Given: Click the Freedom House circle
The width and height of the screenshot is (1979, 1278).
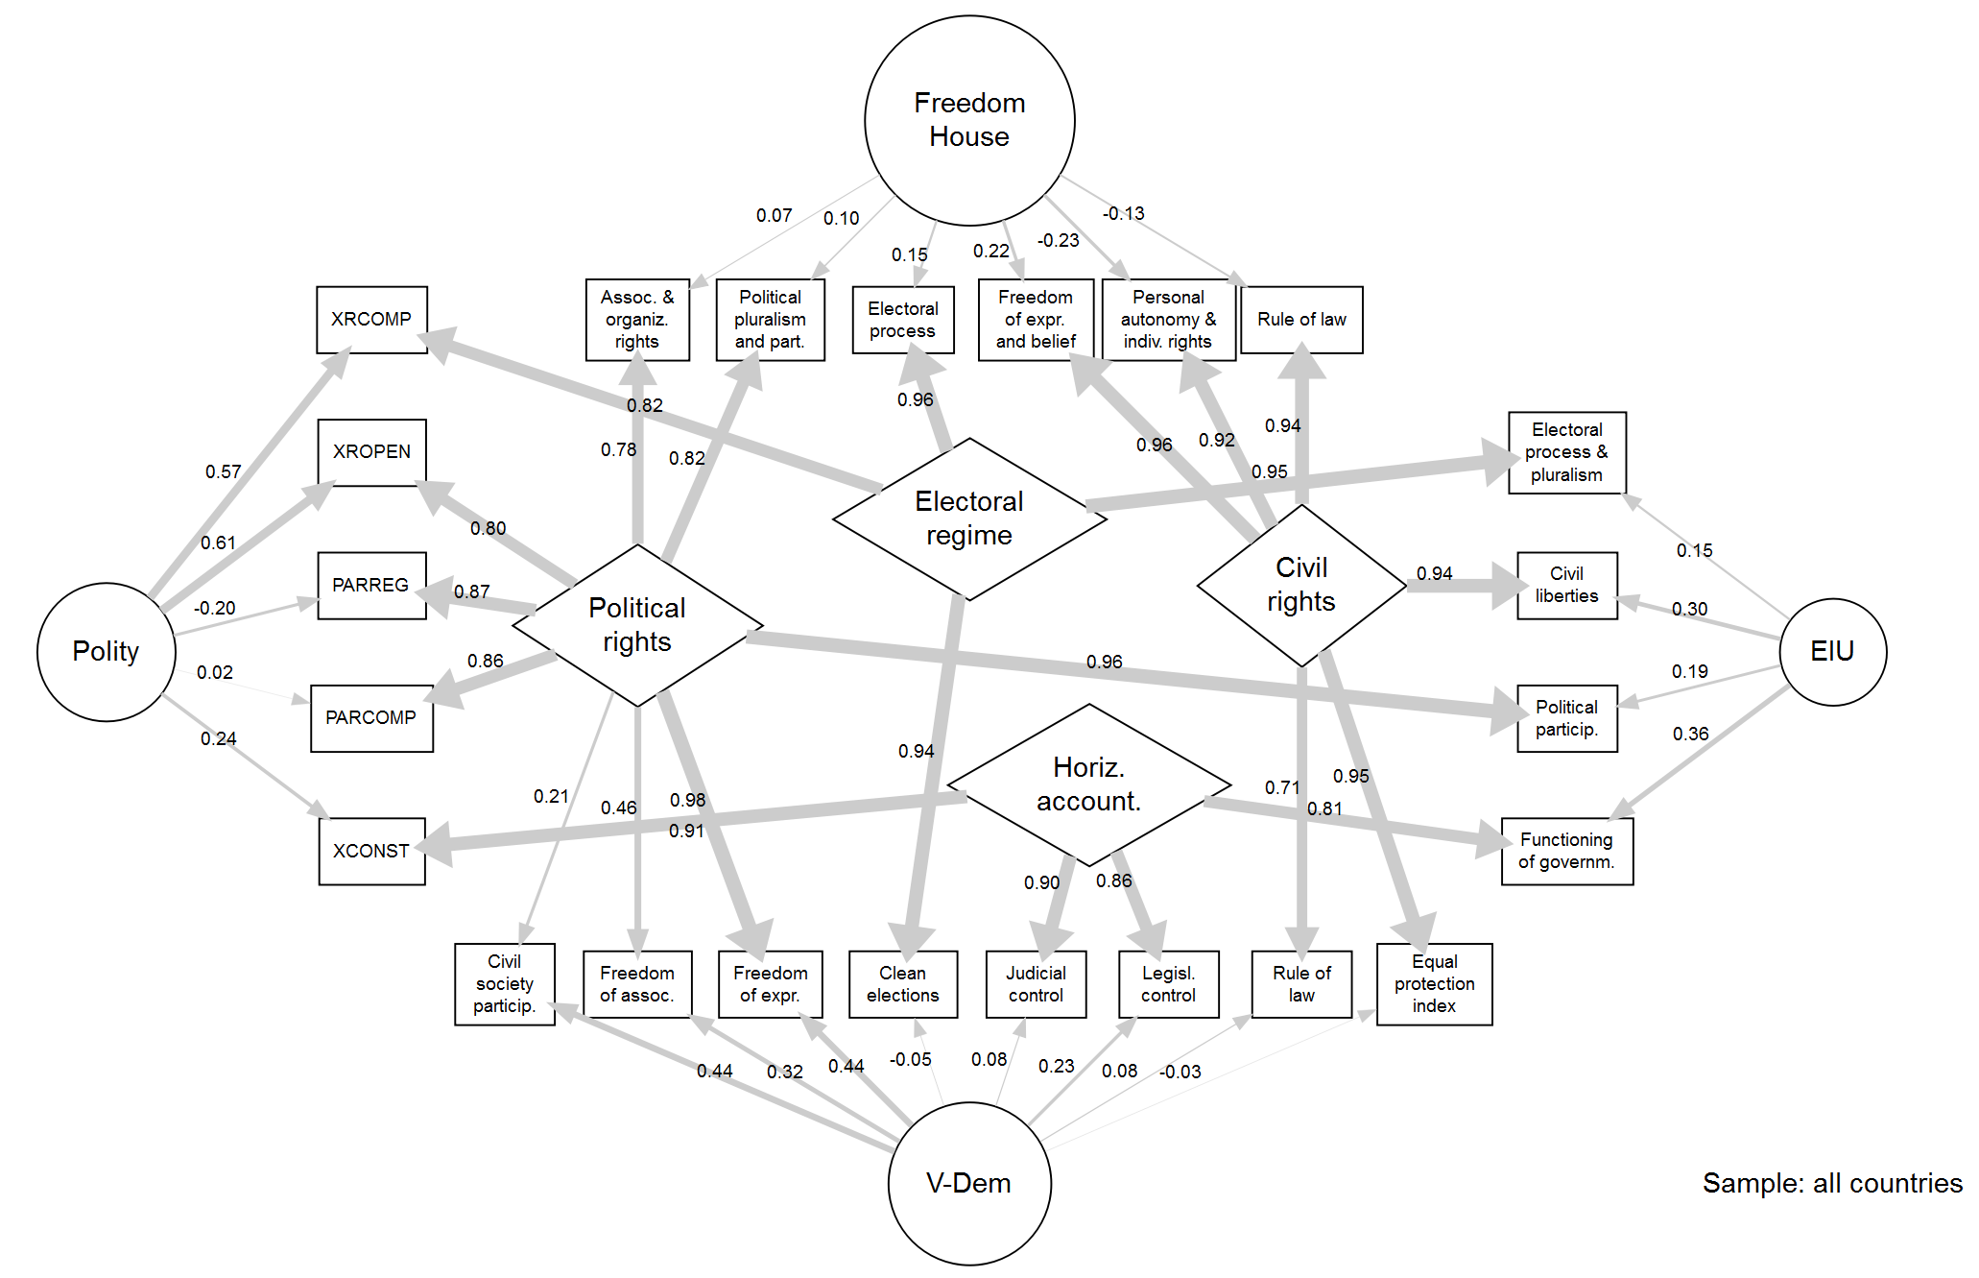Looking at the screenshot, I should click(969, 120).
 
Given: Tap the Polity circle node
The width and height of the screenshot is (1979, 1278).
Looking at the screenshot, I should click(106, 652).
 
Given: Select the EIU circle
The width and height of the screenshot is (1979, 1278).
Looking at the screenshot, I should click(1832, 652).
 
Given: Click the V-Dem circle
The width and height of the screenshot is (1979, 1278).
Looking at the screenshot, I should click(969, 1183).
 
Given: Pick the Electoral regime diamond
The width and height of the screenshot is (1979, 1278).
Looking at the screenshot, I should click(969, 518).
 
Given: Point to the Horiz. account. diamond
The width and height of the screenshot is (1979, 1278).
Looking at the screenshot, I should click(1088, 784).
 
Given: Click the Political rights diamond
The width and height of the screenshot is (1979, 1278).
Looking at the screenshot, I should click(637, 625).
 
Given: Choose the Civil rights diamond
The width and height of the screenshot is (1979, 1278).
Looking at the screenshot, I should click(1301, 585).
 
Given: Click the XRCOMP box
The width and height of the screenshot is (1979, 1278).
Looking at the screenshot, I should click(371, 320).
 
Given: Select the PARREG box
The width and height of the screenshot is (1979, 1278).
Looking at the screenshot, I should click(371, 586).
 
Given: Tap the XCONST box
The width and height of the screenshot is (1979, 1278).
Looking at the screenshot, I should click(371, 851).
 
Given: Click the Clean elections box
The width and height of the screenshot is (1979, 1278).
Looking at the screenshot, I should click(902, 984).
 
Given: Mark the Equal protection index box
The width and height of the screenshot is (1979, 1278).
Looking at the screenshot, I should click(1434, 984).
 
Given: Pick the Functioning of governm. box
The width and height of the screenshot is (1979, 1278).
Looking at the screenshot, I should click(1566, 851).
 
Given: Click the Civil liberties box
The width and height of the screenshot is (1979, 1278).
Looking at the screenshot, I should click(1566, 586).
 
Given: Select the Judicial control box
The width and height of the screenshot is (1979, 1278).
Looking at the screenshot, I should click(1036, 984).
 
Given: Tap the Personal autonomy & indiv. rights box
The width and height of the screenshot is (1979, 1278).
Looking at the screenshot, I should click(1168, 320).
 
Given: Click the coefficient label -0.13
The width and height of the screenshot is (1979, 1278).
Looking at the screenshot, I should click(1123, 213).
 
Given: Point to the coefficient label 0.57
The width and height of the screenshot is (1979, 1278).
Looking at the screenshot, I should click(223, 471).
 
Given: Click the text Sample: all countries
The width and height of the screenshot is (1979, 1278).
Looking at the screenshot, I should click(1831, 1183).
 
